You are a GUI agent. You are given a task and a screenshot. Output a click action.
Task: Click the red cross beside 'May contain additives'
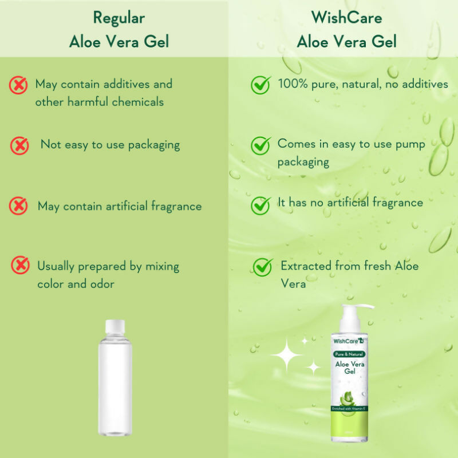(18, 85)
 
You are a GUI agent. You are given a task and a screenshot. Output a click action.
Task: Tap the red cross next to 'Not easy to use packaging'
(19, 146)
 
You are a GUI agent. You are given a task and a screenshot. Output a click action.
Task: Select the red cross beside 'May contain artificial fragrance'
(18, 206)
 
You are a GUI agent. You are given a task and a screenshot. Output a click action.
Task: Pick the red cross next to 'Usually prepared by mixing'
(21, 265)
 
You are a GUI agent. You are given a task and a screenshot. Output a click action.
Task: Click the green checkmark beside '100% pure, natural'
(261, 85)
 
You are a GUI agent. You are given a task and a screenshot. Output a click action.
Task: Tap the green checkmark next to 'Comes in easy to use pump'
(261, 145)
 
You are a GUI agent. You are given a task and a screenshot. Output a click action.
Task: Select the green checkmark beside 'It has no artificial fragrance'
(261, 205)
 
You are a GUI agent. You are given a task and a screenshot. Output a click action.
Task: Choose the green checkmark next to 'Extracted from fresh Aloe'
(263, 266)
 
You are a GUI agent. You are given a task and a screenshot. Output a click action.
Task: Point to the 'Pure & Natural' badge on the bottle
(350, 354)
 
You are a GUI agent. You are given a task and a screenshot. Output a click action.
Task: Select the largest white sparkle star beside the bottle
(287, 355)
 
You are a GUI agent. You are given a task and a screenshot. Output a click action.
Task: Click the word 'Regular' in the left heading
(119, 18)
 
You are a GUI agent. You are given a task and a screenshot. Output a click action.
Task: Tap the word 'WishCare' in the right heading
(346, 18)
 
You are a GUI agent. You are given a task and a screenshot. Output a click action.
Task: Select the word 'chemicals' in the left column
(137, 102)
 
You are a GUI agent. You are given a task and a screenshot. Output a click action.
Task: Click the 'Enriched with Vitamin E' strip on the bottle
(350, 408)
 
